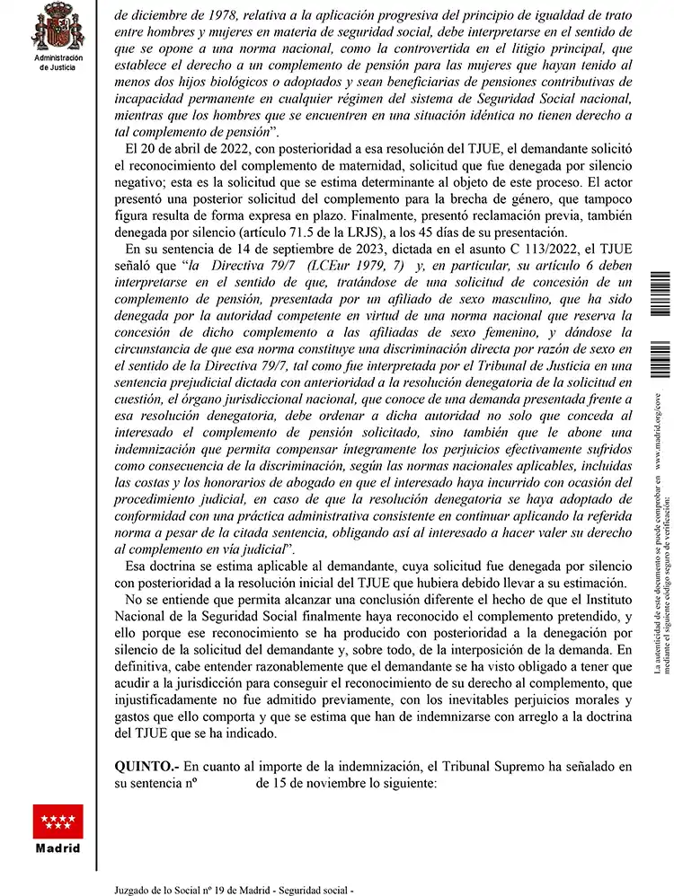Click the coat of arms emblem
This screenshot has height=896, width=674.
tap(58, 28)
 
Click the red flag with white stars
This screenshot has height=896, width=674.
tap(58, 821)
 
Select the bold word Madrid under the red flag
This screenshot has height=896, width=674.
tap(58, 848)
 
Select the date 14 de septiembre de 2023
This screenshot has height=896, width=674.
tap(293, 249)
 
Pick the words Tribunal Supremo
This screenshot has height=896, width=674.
tap(489, 766)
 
